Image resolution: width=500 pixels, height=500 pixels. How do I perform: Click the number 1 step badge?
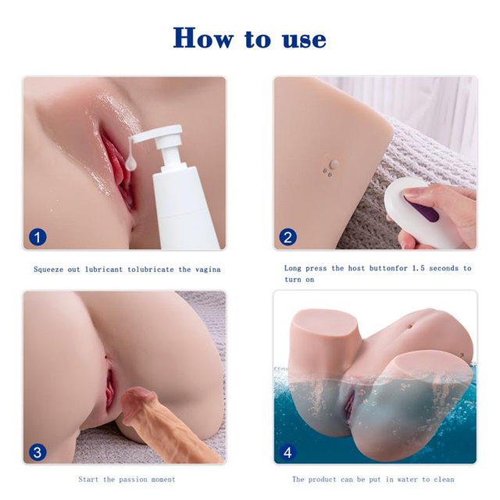pyautogui.click(x=37, y=237)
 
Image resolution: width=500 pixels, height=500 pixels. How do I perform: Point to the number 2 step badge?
pyautogui.click(x=288, y=237)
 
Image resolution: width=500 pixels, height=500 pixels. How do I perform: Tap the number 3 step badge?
pyautogui.click(x=37, y=452)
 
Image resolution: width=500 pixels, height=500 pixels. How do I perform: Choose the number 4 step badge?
pyautogui.click(x=288, y=452)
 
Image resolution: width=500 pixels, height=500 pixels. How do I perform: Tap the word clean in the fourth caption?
pyautogui.click(x=441, y=479)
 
